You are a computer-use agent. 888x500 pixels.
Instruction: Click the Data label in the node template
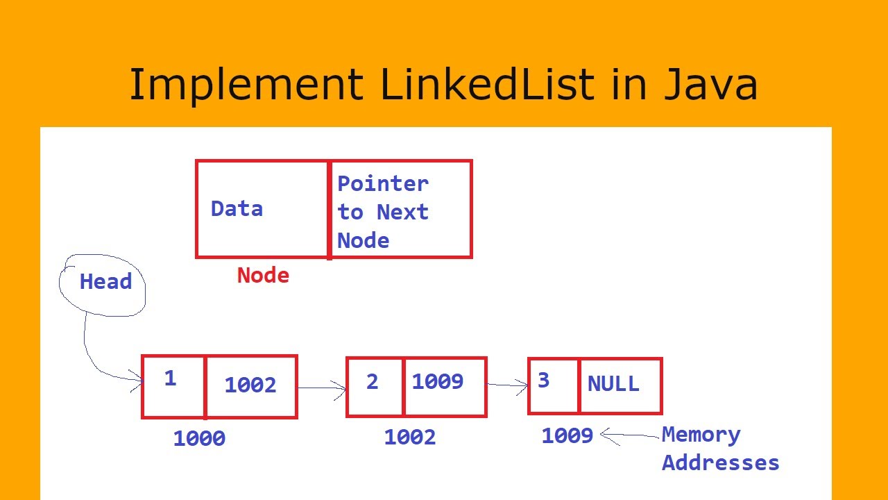[x=237, y=209]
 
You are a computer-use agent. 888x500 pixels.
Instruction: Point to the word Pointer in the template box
[x=383, y=184]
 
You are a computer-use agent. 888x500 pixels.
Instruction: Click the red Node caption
[x=263, y=276]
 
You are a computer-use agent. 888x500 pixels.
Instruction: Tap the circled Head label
[x=105, y=282]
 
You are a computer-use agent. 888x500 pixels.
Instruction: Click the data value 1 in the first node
[x=170, y=378]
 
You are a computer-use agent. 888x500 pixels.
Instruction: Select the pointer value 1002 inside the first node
[x=250, y=385]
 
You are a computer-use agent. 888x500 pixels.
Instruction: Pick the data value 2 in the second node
[x=373, y=382]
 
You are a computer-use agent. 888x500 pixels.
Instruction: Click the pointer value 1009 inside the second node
[x=437, y=381]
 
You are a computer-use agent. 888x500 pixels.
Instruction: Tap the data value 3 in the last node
[x=544, y=380]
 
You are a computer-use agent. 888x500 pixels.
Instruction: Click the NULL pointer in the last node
[x=613, y=384]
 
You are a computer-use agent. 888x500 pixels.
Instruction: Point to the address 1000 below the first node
[x=199, y=439]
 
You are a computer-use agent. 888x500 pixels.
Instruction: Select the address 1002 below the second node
[x=409, y=437]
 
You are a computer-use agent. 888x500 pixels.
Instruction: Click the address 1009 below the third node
[x=567, y=435]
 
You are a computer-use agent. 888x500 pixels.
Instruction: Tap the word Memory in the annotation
[x=701, y=435]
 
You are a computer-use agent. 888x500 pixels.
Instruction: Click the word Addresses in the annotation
[x=720, y=462]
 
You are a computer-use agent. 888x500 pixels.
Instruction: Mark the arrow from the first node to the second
[x=322, y=389]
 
